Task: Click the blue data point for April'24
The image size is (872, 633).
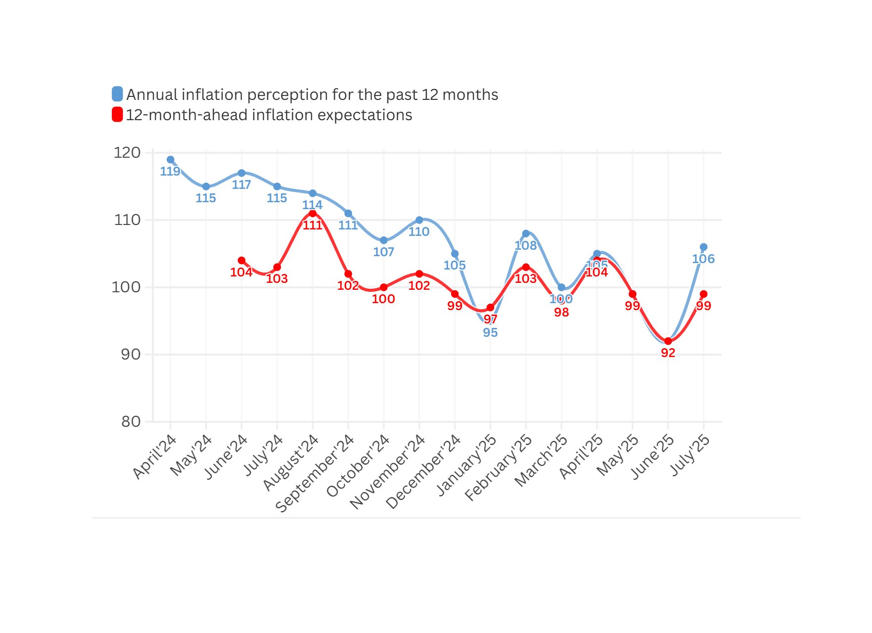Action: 171,160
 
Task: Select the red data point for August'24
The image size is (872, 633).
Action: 313,214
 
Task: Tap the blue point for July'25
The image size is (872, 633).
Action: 703,247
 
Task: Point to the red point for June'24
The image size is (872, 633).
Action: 241,261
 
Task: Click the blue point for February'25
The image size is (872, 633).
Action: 526,233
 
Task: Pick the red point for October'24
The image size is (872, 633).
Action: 384,287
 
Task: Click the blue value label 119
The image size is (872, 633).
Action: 170,172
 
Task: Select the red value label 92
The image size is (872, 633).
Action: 668,353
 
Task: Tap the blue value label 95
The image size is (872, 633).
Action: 490,333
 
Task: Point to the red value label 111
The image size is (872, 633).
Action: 313,226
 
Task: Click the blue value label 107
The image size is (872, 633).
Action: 383,252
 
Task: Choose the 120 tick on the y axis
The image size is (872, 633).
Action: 127,153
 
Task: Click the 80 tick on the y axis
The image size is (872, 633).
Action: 131,422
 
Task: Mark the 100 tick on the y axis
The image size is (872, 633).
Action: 126,287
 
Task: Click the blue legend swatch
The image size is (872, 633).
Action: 117,94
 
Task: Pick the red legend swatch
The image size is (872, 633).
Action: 117,115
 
